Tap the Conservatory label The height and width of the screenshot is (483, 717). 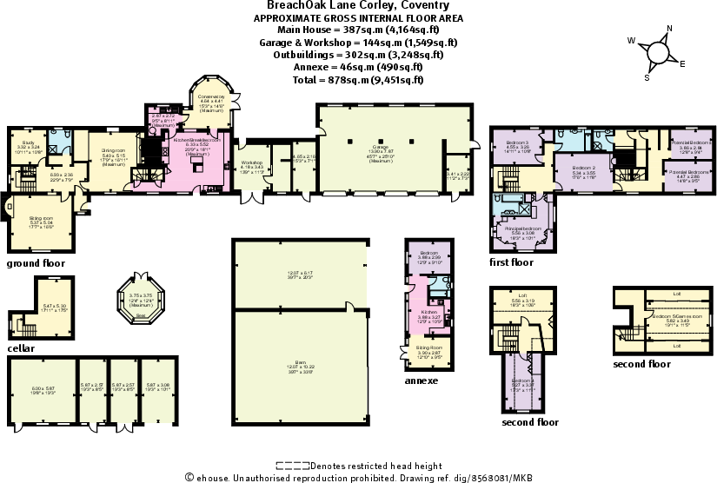coord(212,96)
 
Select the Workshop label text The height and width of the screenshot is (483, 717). coord(252,162)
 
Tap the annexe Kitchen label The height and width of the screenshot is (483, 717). coord(429,311)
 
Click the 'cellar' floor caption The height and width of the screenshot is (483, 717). coord(20,348)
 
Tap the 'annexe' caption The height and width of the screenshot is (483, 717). coord(422,380)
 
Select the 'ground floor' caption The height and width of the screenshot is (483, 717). coord(36,262)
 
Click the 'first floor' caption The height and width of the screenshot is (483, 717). coord(511,261)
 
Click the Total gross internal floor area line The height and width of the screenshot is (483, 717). coord(358,79)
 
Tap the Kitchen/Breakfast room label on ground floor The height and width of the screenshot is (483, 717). coord(198,139)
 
